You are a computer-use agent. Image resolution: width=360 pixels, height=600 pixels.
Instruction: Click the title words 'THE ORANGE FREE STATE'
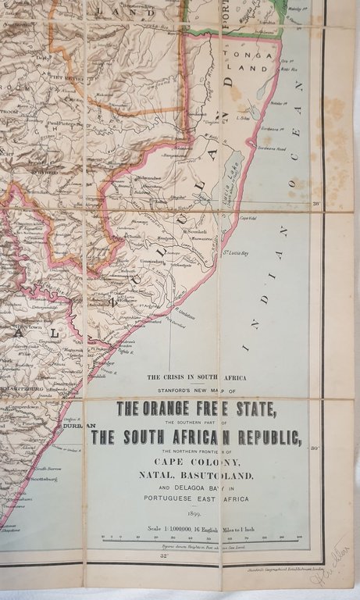coord(196,409)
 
